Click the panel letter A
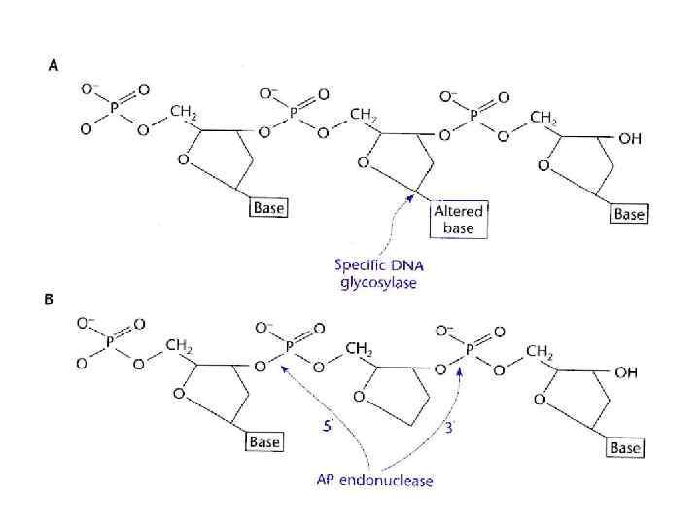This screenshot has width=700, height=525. click(x=53, y=67)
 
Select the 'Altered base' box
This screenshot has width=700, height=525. click(x=458, y=220)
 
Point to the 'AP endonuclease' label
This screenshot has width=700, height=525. click(x=375, y=480)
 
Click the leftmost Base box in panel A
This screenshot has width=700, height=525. click(x=268, y=208)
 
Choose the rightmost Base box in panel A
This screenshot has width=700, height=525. click(x=628, y=213)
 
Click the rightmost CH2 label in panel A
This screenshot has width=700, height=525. click(x=543, y=118)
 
